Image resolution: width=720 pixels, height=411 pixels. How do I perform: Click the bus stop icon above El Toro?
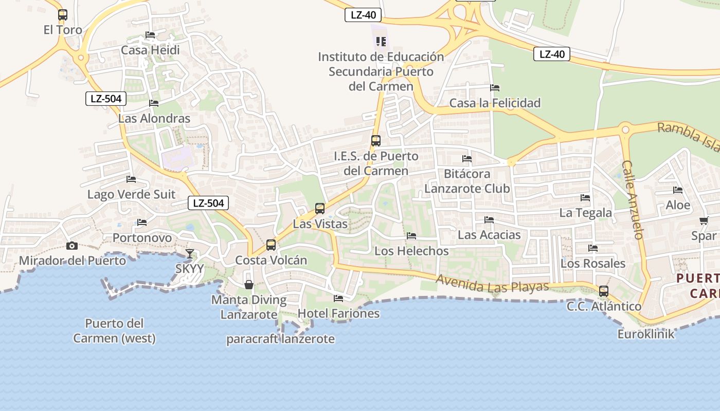point(63,15)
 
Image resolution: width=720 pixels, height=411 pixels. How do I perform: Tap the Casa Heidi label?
point(150,50)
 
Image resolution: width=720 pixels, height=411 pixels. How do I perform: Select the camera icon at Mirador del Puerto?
point(72,246)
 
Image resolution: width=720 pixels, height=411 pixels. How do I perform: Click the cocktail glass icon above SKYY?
point(190,253)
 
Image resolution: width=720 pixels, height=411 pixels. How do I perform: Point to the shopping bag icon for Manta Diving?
point(249,284)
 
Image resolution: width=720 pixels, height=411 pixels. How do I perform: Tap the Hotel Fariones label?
point(338,313)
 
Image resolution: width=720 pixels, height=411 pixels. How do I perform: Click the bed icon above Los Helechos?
point(411,236)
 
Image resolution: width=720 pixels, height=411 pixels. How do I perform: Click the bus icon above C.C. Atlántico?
point(604,291)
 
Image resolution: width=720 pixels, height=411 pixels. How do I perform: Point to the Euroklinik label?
point(646,334)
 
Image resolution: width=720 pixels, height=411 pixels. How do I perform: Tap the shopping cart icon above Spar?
point(704,221)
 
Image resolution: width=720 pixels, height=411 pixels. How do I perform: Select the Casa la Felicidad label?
point(495,103)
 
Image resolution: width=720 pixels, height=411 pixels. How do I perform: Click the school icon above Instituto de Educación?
point(381,41)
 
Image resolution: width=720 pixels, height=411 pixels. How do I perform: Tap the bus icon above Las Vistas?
point(320,208)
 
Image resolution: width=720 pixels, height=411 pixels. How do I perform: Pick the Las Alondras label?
point(154,118)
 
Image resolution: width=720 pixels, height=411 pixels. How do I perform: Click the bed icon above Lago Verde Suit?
point(131,179)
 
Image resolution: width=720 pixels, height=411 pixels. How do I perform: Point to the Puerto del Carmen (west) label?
point(114,331)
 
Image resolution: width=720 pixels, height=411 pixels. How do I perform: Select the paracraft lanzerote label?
point(280,339)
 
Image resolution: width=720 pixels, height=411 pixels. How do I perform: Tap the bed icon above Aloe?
point(678,190)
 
